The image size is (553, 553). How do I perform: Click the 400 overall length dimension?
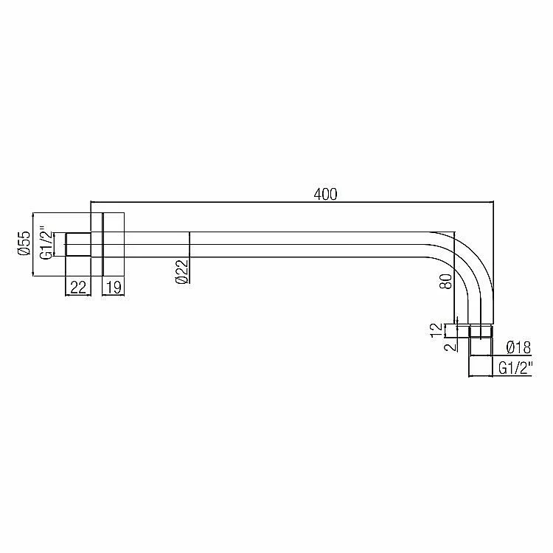pyautogui.click(x=325, y=194)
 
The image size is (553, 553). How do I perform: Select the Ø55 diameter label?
pyautogui.click(x=24, y=243)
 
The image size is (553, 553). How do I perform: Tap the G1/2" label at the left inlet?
pyautogui.click(x=46, y=243)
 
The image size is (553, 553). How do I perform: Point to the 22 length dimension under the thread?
pyautogui.click(x=78, y=288)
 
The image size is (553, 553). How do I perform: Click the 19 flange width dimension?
pyautogui.click(x=114, y=288)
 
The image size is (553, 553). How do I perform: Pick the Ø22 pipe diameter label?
pyautogui.click(x=181, y=271)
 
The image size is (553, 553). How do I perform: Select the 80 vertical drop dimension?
pyautogui.click(x=446, y=282)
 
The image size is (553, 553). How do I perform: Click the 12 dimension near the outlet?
pyautogui.click(x=437, y=330)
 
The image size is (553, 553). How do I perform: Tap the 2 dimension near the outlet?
pyautogui.click(x=450, y=347)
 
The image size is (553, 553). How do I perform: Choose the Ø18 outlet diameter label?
pyautogui.click(x=518, y=347)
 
